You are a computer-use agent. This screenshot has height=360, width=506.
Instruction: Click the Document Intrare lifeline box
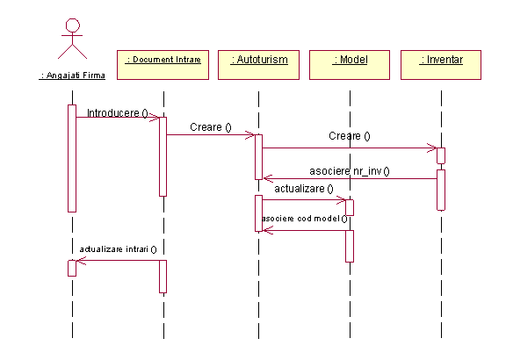point(163,65)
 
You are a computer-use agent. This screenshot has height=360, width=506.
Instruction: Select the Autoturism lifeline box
point(258,65)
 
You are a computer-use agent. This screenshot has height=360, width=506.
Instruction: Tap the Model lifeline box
point(350,65)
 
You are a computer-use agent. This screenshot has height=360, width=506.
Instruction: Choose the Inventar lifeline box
point(441,65)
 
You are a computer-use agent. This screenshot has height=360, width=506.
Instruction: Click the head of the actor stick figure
point(73,25)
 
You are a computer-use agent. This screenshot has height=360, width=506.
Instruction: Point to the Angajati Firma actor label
point(72,76)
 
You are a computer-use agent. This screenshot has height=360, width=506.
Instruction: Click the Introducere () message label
point(118,113)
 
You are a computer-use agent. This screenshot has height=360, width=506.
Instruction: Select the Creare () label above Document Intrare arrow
point(211,127)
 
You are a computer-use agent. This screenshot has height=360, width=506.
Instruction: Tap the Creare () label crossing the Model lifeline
point(350,136)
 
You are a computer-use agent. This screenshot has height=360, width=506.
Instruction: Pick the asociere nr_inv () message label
point(350,171)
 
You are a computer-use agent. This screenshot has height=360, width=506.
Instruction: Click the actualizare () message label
point(304,189)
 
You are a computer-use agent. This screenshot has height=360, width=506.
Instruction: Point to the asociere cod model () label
point(304,219)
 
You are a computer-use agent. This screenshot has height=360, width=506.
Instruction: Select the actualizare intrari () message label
point(118,249)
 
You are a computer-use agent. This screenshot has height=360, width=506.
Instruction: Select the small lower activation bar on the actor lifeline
point(72,269)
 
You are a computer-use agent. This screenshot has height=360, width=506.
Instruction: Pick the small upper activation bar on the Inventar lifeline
point(441,155)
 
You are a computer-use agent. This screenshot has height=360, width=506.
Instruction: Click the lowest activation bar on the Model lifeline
point(350,246)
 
